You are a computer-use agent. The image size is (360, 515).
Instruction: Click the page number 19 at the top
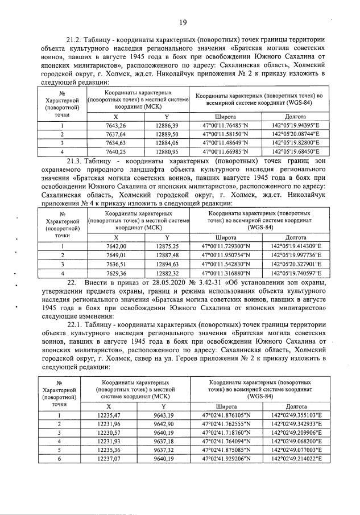click(x=183, y=23)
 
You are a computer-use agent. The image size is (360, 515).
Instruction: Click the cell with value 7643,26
click(x=116, y=125)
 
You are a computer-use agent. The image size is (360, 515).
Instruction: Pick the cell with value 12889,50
click(x=167, y=134)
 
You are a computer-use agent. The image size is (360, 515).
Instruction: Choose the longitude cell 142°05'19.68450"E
click(x=296, y=152)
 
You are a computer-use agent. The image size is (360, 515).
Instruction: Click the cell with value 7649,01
click(x=116, y=256)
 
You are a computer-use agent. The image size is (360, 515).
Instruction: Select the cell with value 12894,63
click(x=167, y=264)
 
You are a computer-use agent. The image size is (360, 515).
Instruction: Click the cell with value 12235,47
click(x=108, y=416)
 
